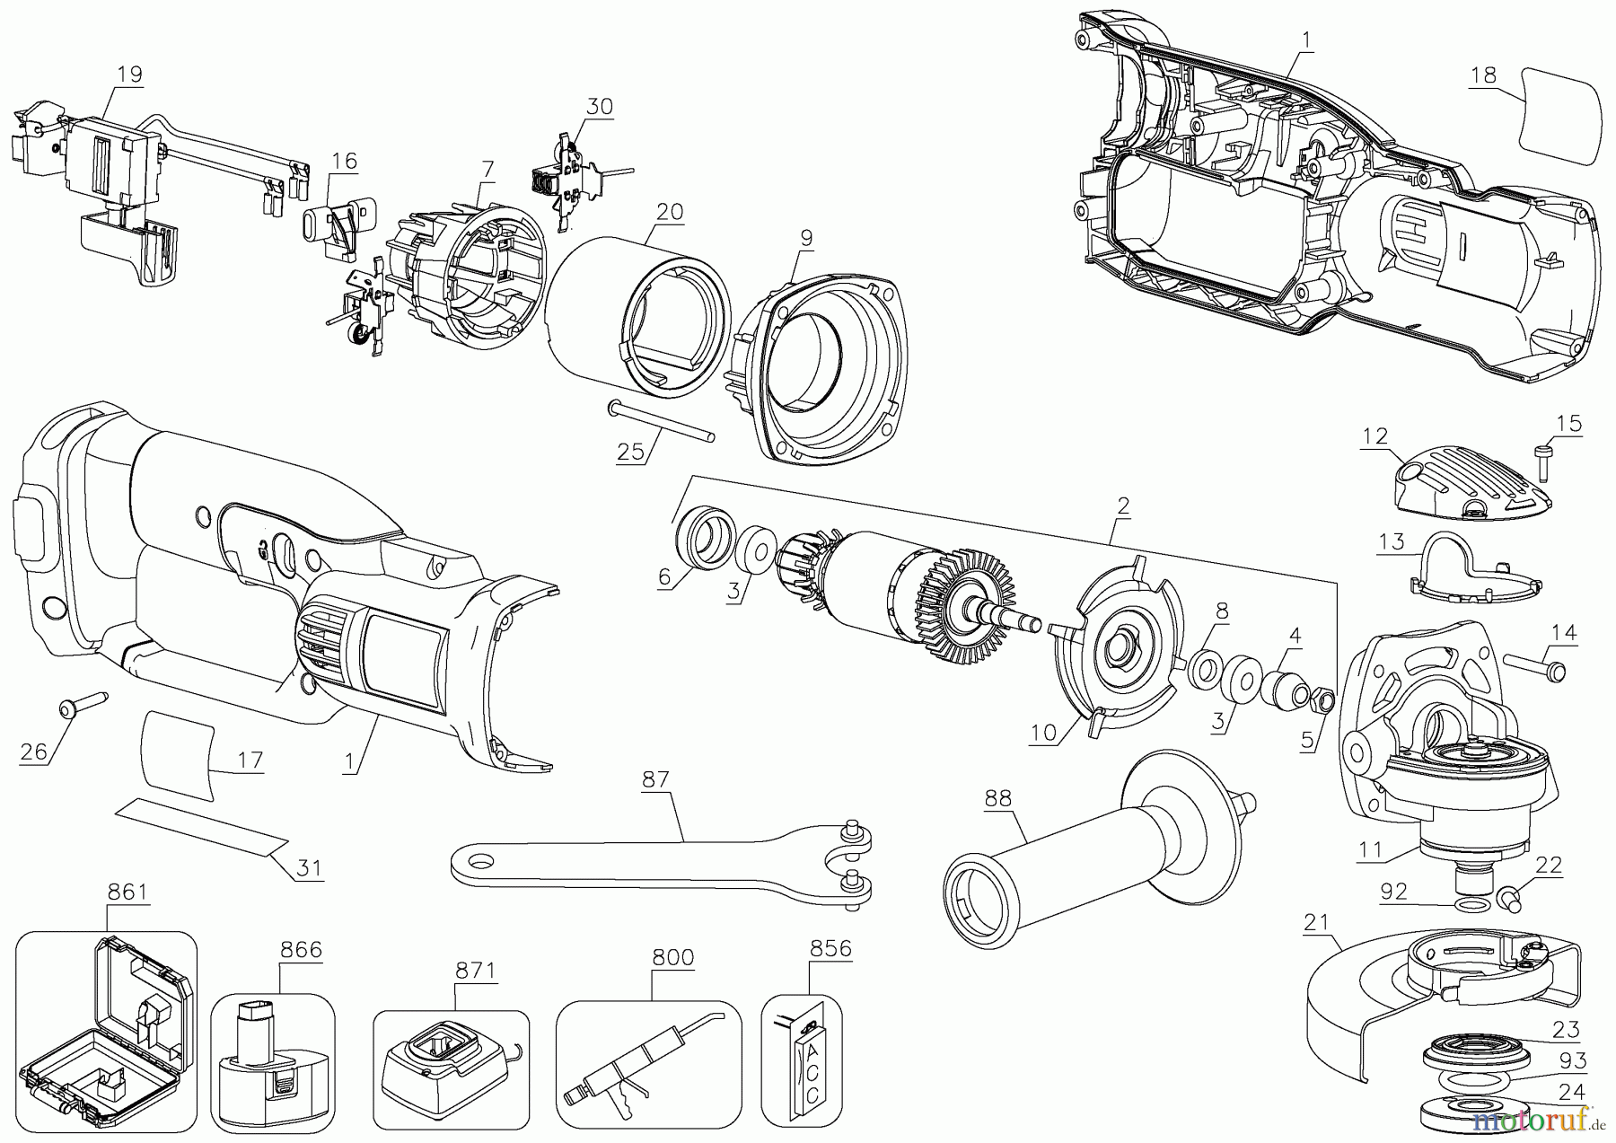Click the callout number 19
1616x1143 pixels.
tap(130, 74)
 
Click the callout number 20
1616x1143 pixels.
tap(670, 213)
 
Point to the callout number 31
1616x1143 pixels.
tap(309, 868)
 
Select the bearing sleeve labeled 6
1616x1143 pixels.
tap(702, 538)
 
